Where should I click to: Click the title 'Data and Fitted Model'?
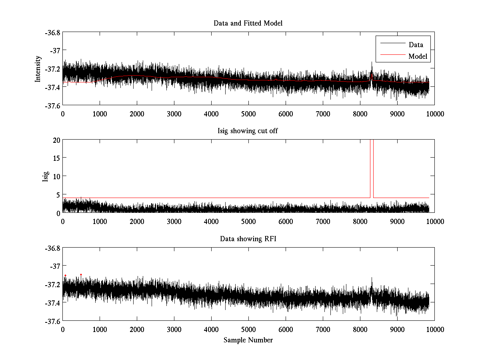click(x=248, y=23)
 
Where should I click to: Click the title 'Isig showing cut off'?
click(x=248, y=131)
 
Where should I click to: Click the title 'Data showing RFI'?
click(x=248, y=239)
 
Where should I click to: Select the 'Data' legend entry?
click(x=416, y=45)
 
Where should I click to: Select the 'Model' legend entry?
click(x=418, y=56)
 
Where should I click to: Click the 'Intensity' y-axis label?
click(x=38, y=68)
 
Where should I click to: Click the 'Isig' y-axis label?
click(x=45, y=176)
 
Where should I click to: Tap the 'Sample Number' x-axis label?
click(x=248, y=340)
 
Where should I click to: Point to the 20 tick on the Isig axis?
click(x=56, y=140)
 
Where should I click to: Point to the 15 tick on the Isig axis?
click(x=56, y=158)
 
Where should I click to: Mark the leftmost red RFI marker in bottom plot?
click(x=65, y=276)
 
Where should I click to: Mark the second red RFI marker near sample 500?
click(x=81, y=275)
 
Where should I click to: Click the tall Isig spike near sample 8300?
click(x=372, y=168)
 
